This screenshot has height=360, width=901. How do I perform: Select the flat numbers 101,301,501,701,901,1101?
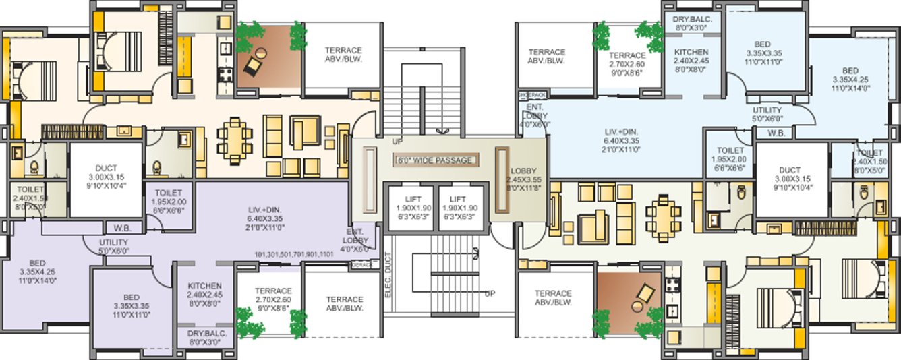click(x=294, y=254)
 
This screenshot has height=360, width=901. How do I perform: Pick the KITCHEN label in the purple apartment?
click(x=205, y=295)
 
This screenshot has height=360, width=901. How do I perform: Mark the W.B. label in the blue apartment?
click(x=776, y=133)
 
